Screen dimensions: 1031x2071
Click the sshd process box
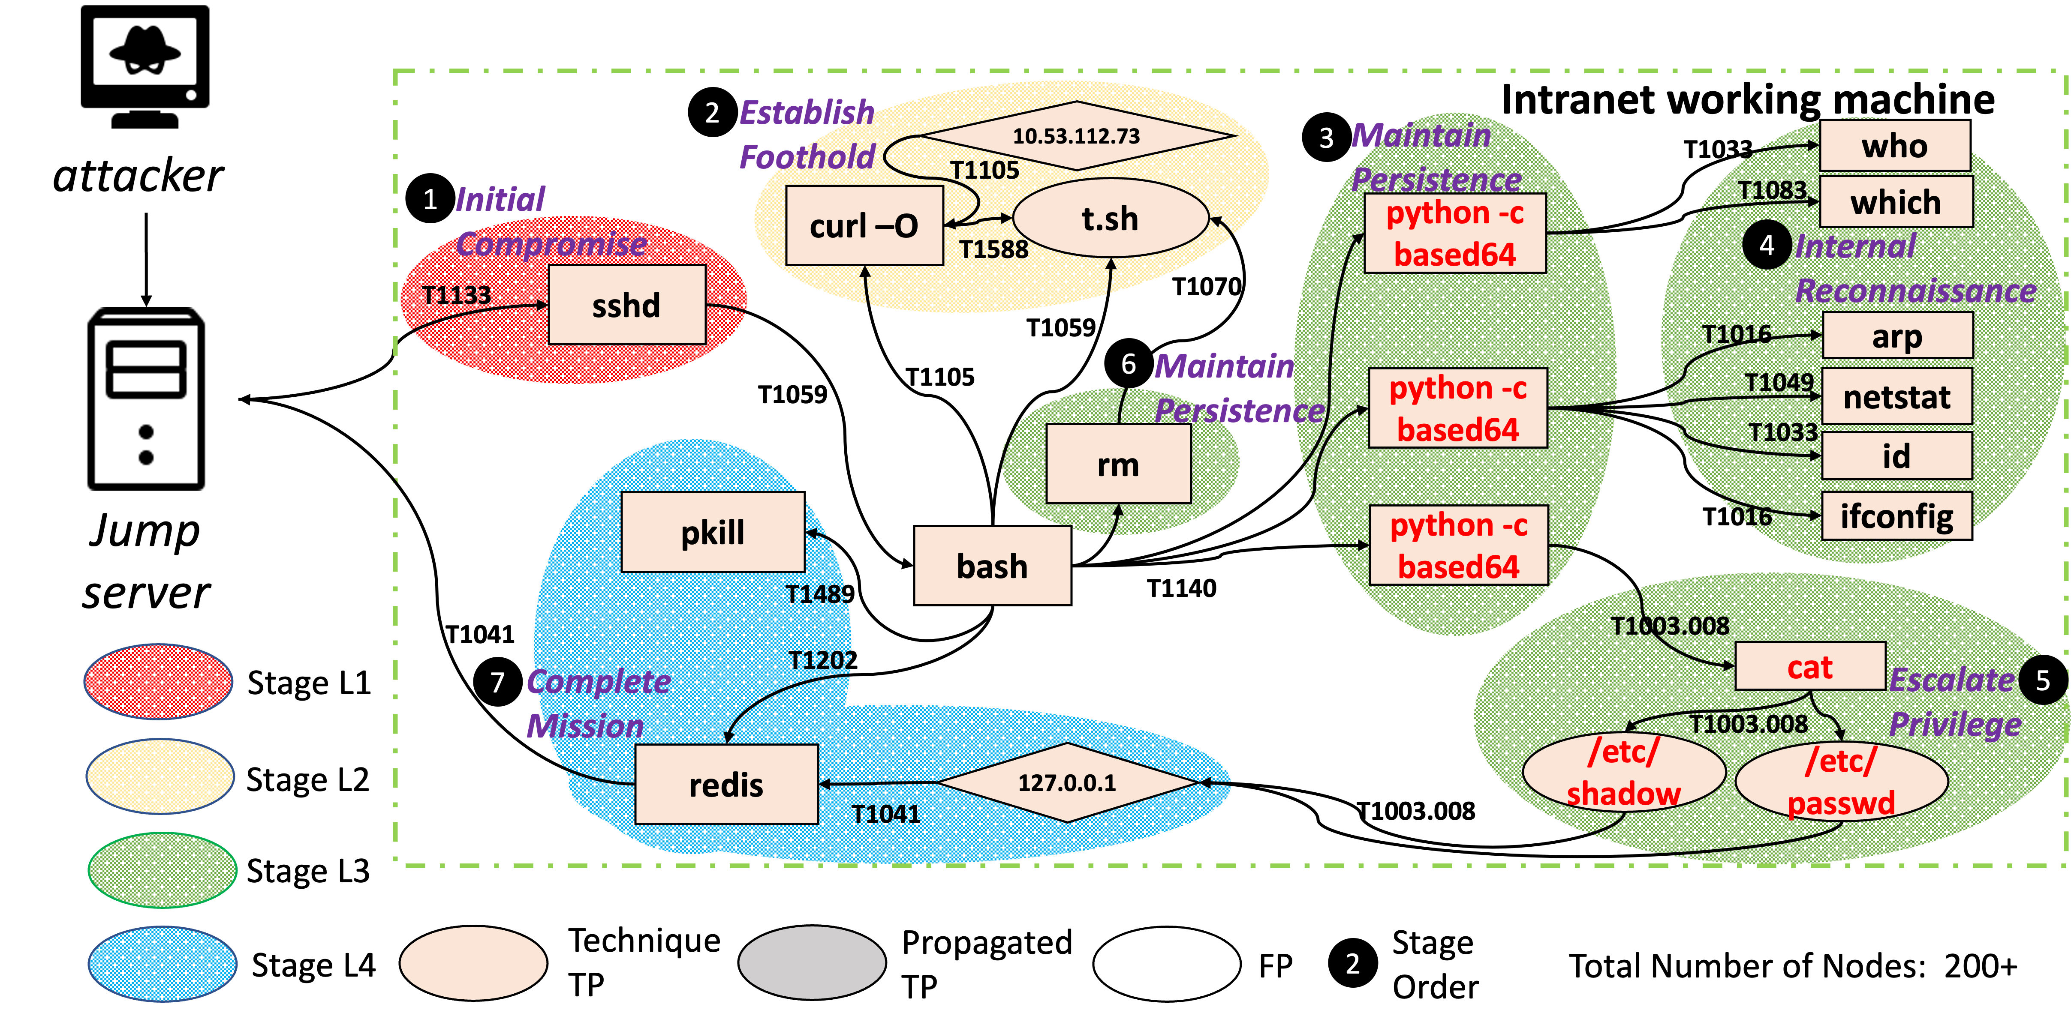point(626,306)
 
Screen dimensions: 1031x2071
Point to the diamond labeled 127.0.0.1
point(1067,783)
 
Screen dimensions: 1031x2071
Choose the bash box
point(992,566)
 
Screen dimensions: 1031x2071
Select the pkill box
point(712,532)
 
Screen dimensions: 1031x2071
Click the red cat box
point(1810,666)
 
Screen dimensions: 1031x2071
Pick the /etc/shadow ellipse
point(1623,772)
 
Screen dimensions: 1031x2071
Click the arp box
point(1896,336)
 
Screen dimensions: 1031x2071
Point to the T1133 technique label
point(456,295)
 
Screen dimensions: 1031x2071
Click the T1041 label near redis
point(885,814)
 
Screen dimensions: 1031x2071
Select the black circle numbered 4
point(1766,245)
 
